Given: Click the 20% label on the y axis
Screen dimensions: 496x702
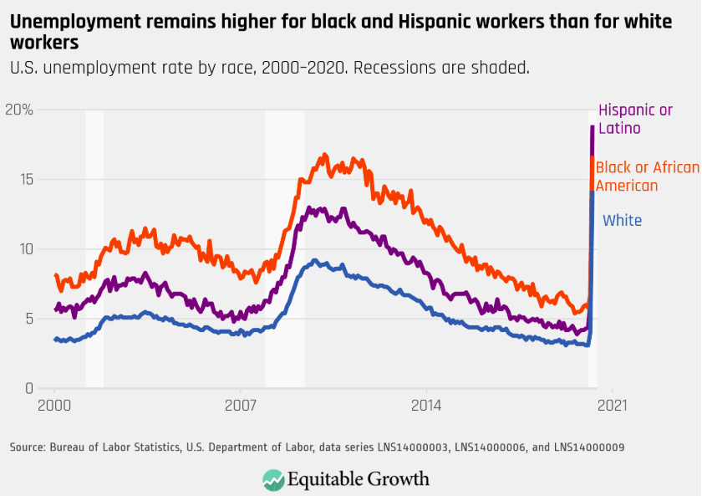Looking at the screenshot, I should (x=18, y=110).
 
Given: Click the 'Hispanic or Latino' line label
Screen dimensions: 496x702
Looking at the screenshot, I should (x=635, y=119).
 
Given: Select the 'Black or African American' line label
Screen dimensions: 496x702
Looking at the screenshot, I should (x=647, y=176).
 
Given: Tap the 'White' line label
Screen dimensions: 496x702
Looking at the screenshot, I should (x=623, y=221).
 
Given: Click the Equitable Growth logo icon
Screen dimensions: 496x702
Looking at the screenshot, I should (x=273, y=478).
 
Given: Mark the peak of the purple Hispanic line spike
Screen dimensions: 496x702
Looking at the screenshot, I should (x=592, y=126).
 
